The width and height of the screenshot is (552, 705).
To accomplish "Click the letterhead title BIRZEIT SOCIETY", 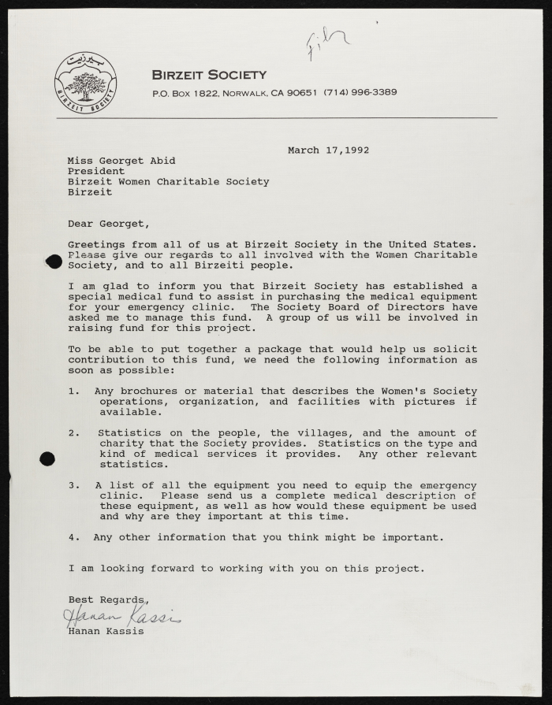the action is pos(209,75).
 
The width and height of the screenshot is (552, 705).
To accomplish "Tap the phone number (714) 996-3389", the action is pos(360,92).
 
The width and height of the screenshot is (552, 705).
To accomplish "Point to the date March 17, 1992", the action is pos(328,150).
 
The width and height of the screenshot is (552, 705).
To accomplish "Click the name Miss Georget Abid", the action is pos(121,161).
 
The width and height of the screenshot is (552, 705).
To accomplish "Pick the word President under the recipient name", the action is pos(95,171).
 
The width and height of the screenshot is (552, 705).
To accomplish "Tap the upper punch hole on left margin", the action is pos(53,262).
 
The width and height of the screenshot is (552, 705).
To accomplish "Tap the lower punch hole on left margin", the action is pos(47,458).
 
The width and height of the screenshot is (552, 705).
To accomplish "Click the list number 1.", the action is pos(73,391).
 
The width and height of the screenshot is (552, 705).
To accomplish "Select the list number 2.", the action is pos(73,433).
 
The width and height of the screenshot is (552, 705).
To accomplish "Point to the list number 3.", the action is pos(73,486).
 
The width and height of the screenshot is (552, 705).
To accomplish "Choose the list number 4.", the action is pos(73,538).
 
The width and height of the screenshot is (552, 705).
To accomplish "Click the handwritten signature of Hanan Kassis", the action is pos(122,616).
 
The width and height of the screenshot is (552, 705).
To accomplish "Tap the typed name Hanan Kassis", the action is pos(106,631).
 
